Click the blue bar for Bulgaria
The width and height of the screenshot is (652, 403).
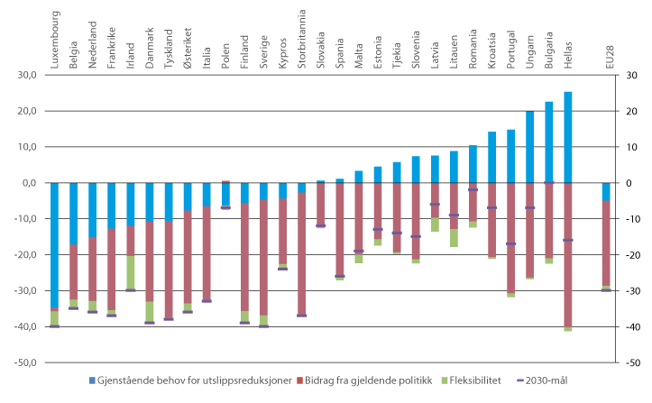pyautogui.click(x=549, y=142)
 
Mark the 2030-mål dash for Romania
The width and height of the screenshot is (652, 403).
pyautogui.click(x=473, y=190)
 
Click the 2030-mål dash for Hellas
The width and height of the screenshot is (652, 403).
pyautogui.click(x=568, y=240)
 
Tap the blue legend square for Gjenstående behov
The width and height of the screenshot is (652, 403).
pyautogui.click(x=90, y=381)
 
